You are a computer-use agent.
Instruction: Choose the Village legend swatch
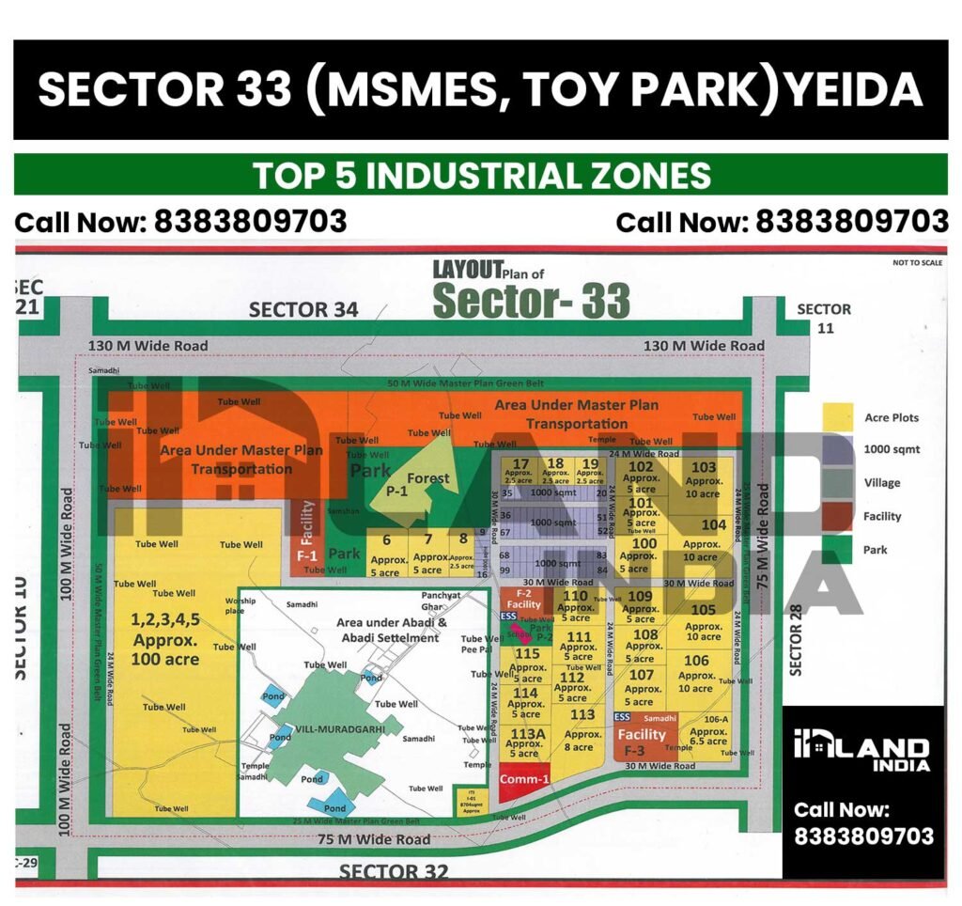pyautogui.click(x=837, y=483)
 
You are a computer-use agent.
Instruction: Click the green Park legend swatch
pyautogui.click(x=837, y=550)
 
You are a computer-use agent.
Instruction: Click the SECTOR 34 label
pyautogui.click(x=303, y=310)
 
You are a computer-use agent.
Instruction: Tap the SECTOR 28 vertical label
pyautogui.click(x=794, y=643)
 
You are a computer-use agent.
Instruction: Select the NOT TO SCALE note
pyautogui.click(x=917, y=263)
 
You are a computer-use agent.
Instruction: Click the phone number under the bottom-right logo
pyautogui.click(x=863, y=836)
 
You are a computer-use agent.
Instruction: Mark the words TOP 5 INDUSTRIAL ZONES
pyautogui.click(x=481, y=176)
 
